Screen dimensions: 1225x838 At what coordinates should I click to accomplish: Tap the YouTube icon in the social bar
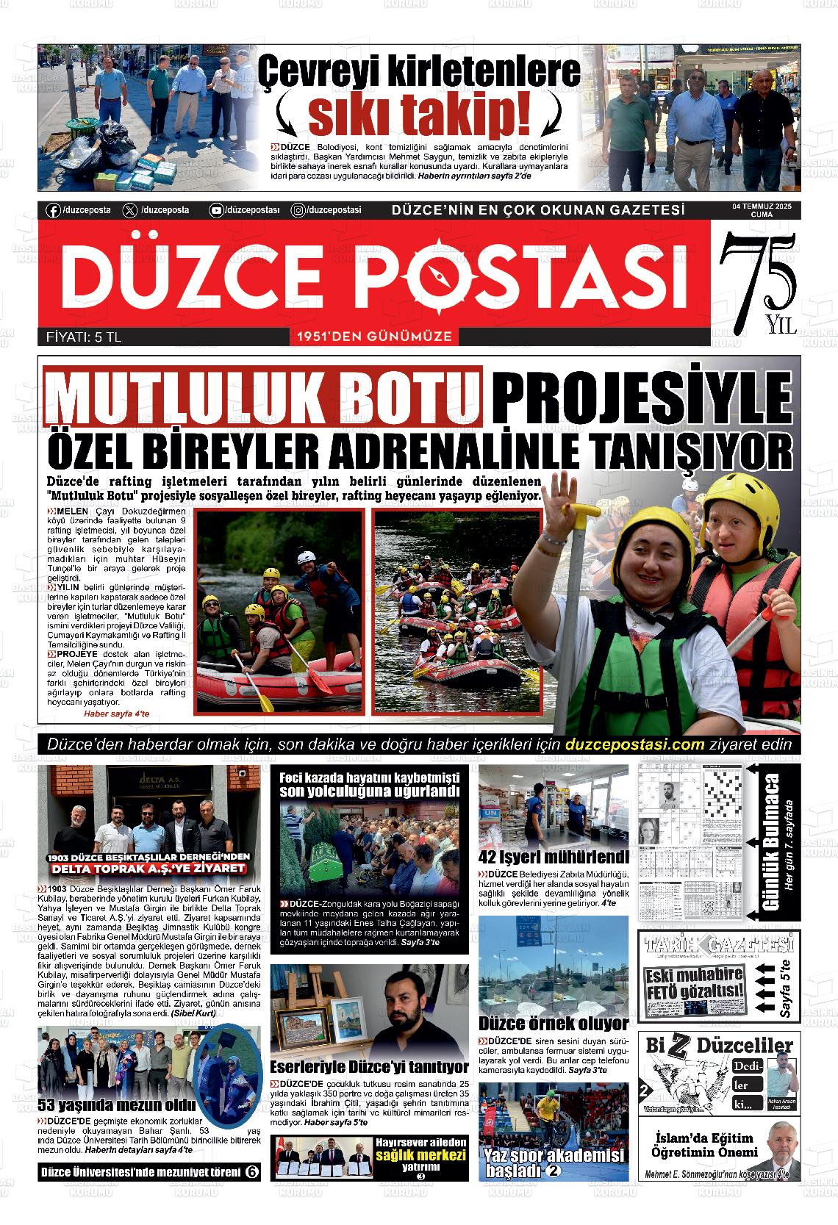[216, 210]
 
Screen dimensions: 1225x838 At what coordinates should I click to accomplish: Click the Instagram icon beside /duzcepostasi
[298, 210]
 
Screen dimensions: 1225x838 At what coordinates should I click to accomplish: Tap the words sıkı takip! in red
[419, 112]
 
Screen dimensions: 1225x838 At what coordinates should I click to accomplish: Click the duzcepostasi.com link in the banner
[635, 744]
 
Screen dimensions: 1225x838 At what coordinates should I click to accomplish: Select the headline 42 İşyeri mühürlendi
[554, 856]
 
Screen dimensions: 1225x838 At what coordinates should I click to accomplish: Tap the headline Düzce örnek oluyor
[554, 1023]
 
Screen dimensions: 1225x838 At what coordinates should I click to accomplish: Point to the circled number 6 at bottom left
[251, 1171]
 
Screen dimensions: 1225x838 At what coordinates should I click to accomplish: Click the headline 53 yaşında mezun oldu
[116, 1104]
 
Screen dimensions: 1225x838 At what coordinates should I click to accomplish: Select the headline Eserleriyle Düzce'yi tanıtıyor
[369, 1067]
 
